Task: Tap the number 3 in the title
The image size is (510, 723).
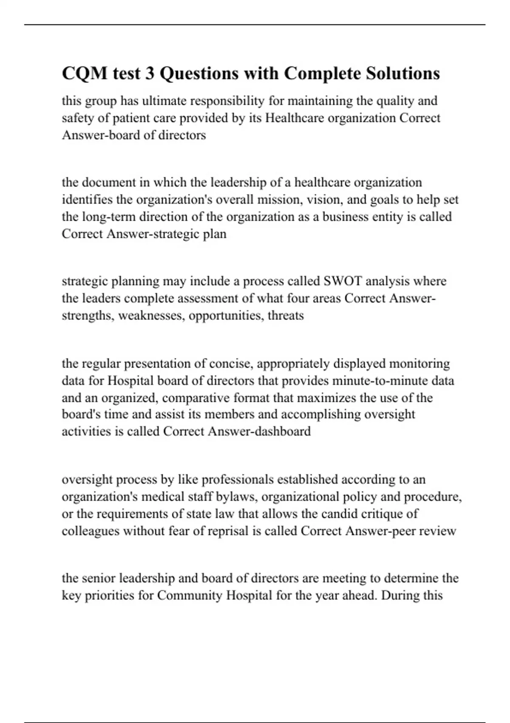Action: pyautogui.click(x=150, y=73)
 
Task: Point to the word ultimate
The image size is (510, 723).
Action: pyautogui.click(x=164, y=101)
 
